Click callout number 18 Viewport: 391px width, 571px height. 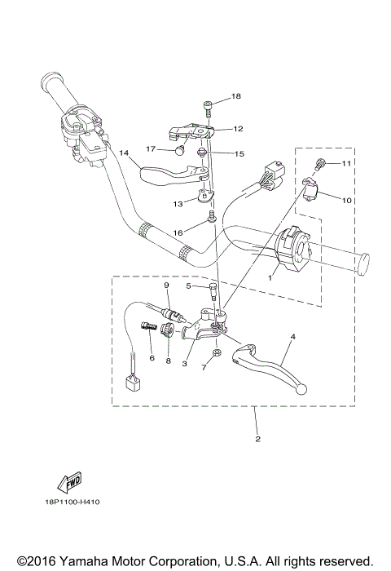(235, 96)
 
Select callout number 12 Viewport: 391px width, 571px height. (238, 128)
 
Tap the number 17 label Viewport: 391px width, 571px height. (152, 148)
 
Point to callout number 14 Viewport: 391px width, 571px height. (125, 153)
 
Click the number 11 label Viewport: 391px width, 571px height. (345, 164)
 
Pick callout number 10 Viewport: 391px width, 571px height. (345, 200)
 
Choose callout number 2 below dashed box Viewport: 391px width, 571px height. (257, 440)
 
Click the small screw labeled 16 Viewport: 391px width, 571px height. (211, 215)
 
